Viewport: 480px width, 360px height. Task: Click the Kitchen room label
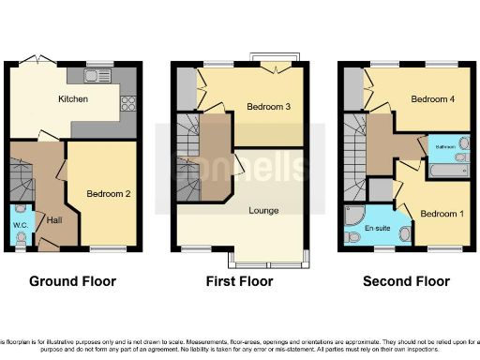click(x=73, y=98)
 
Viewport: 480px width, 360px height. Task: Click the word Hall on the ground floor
click(x=54, y=219)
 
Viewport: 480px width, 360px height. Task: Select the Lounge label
click(x=263, y=210)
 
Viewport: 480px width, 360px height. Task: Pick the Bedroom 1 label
click(x=439, y=213)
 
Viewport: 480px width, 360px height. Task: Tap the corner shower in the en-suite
click(x=355, y=216)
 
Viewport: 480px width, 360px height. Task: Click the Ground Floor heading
click(x=72, y=281)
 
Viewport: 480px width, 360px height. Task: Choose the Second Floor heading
click(x=406, y=281)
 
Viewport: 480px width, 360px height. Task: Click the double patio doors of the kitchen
click(x=39, y=59)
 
